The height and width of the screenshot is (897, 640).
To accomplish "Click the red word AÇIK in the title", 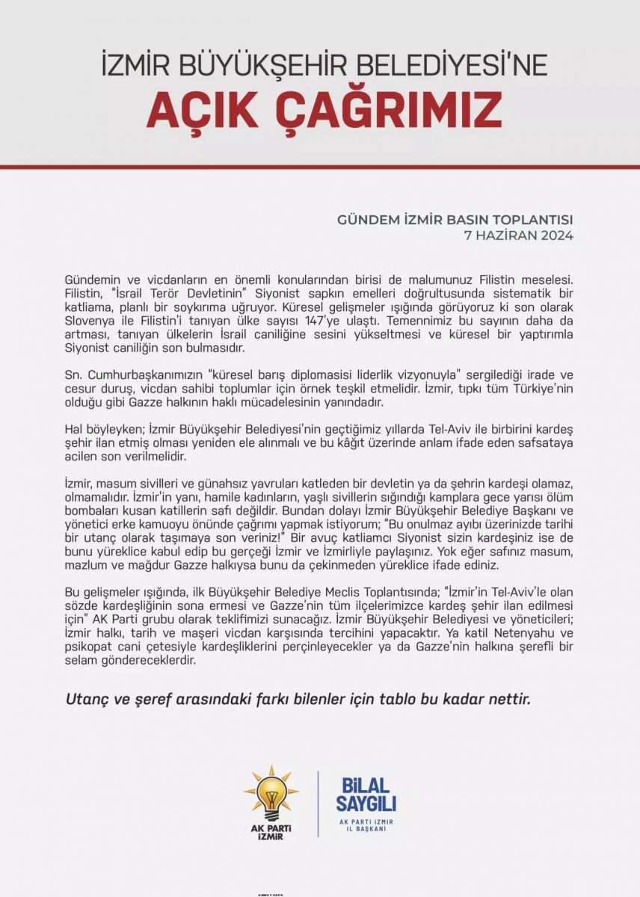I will tap(198, 110).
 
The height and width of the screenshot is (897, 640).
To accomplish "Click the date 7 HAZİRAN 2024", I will tap(519, 235).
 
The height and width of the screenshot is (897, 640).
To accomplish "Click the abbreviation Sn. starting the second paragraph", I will tap(73, 374).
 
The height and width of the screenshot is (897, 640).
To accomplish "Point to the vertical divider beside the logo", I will tap(319, 804).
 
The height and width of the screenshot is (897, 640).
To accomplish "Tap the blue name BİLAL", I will tap(366, 786).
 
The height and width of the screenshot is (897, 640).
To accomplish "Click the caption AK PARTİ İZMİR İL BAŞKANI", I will tap(366, 825).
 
